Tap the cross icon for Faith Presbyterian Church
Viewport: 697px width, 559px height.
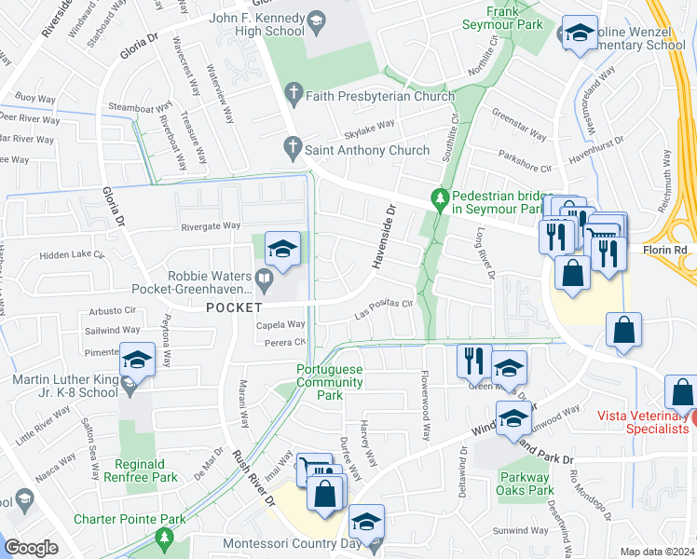coord(294,93)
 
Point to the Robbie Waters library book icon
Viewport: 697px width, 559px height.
coord(265,277)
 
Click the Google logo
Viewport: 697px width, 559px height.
coord(31,548)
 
